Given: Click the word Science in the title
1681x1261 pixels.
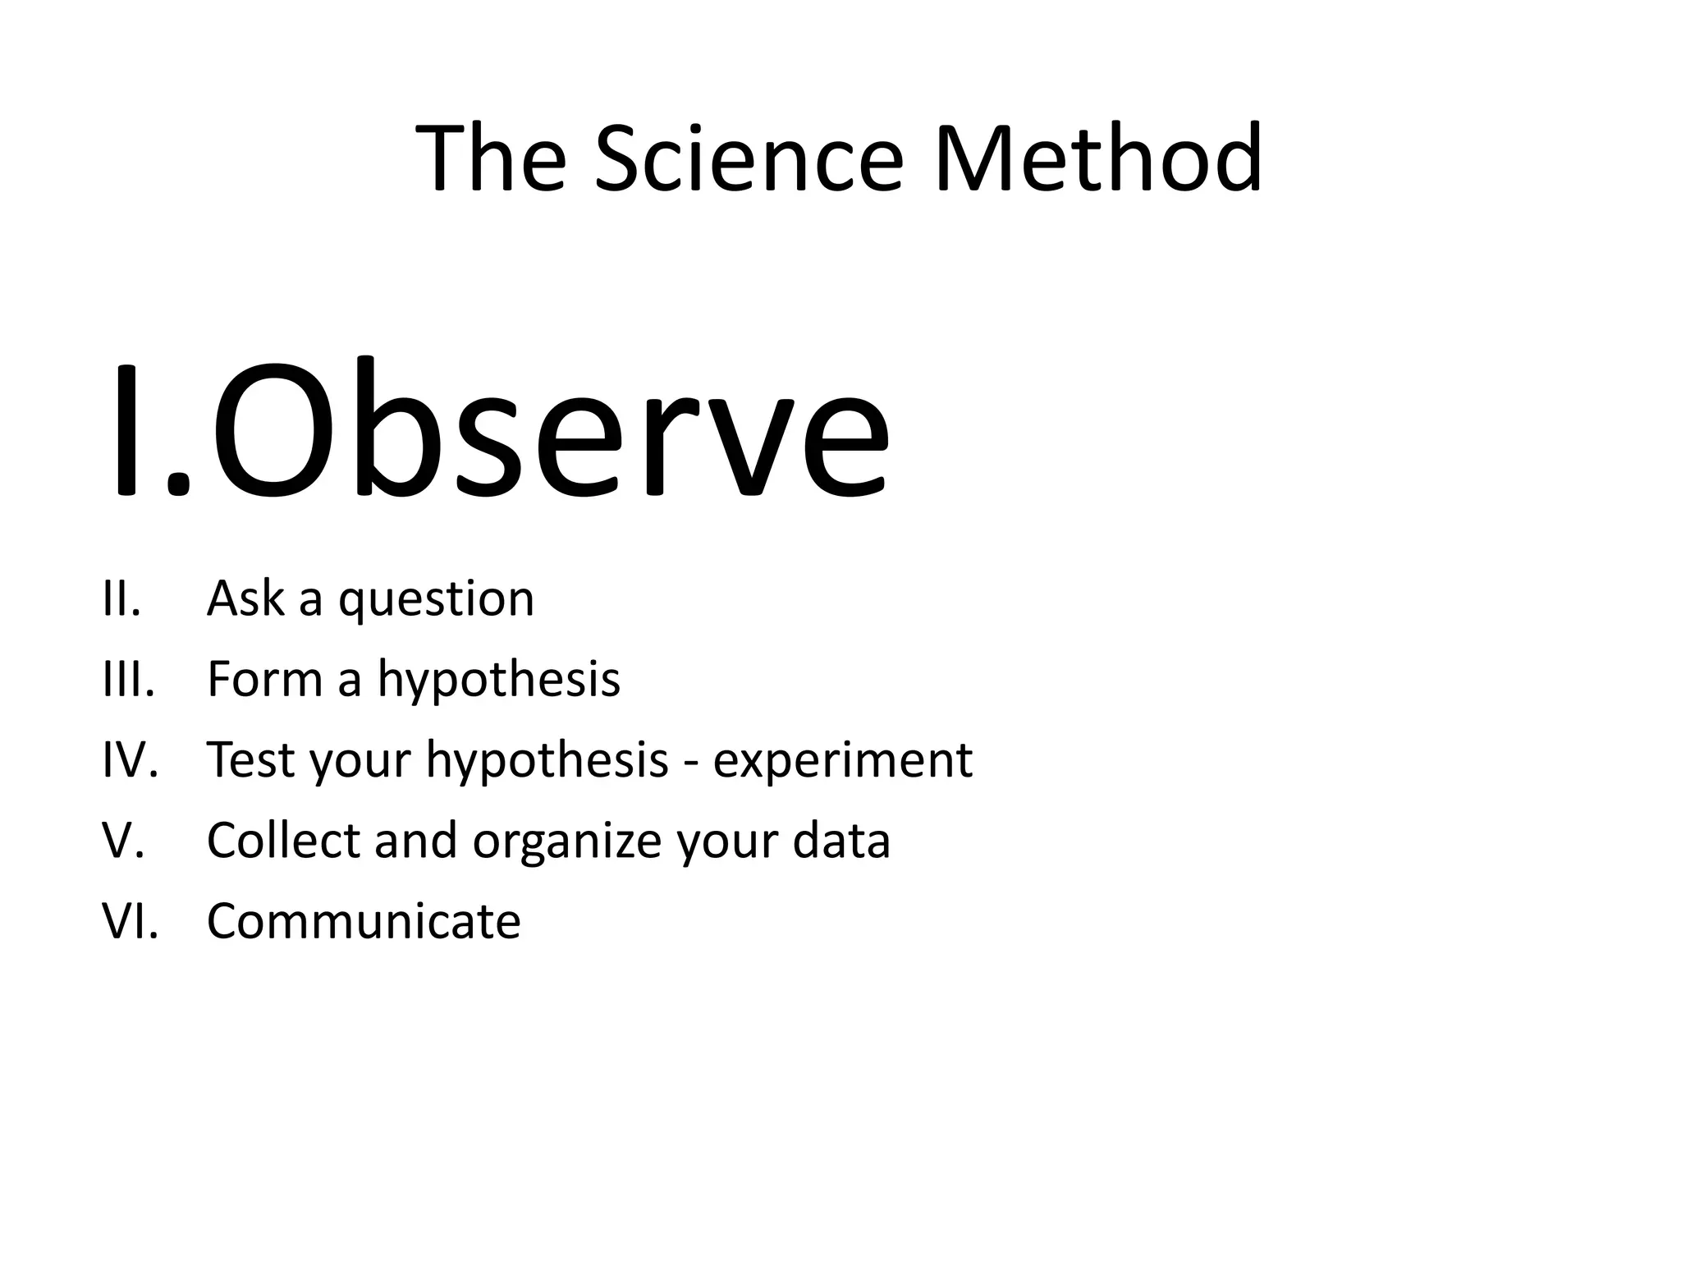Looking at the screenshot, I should (748, 158).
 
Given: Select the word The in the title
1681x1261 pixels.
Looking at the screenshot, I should (491, 158).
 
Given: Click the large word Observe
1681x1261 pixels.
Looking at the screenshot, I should (550, 431).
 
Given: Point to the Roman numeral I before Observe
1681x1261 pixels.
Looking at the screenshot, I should (127, 431).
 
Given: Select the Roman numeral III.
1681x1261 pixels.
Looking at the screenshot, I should (128, 679).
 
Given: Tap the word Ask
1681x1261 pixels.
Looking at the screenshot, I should (245, 598).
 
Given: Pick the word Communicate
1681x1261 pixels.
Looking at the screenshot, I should (364, 921).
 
